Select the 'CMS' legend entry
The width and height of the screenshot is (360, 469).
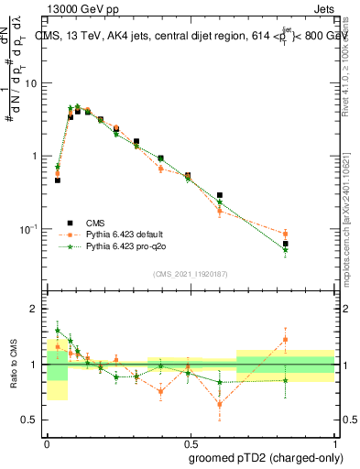pyautogui.click(x=96, y=222)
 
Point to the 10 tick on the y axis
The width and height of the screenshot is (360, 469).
pyautogui.click(x=33, y=83)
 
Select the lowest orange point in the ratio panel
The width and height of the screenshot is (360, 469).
pyautogui.click(x=220, y=404)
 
